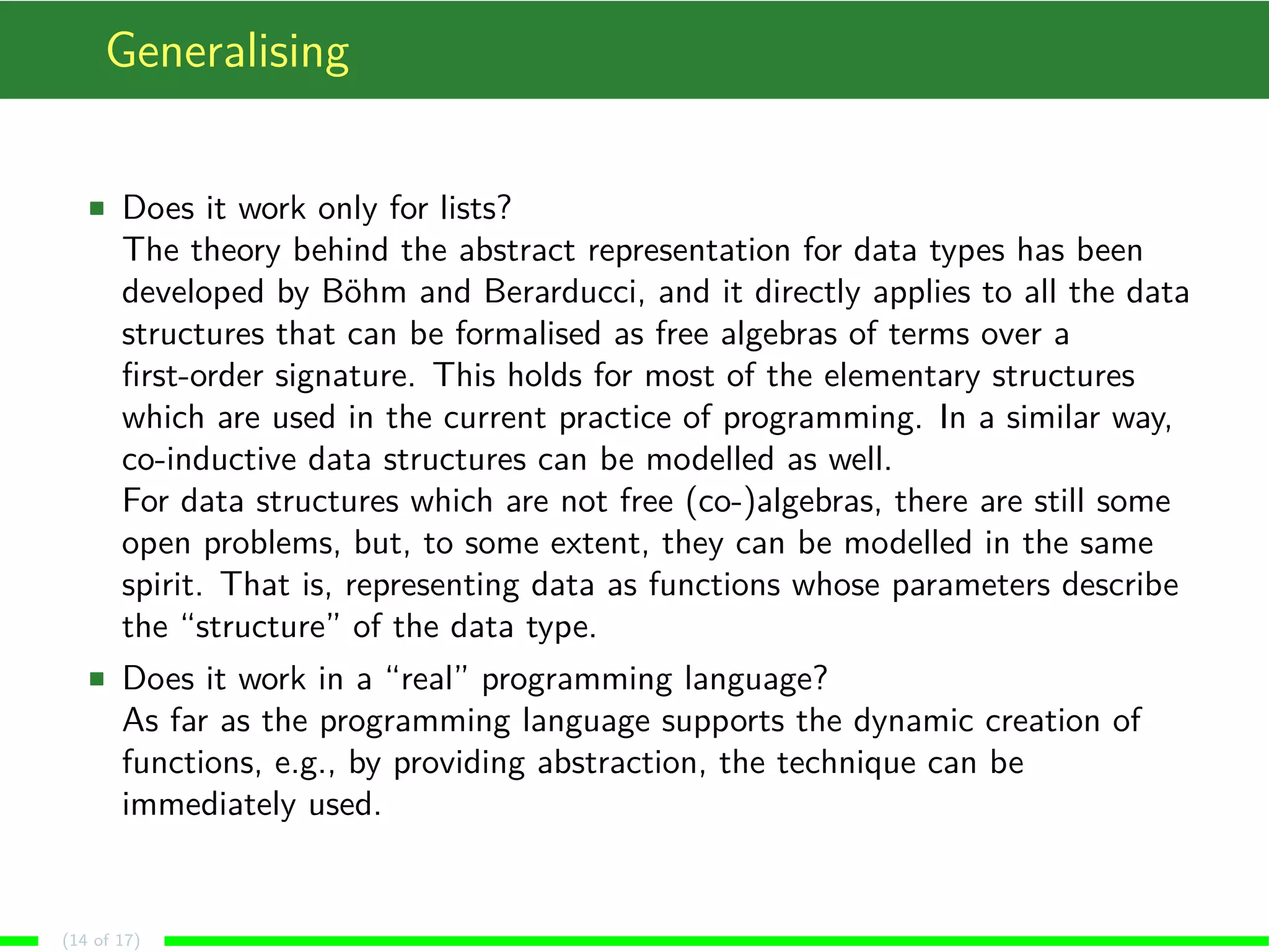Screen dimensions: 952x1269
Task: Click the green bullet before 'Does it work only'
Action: coord(97,208)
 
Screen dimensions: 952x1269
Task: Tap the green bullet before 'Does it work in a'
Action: coord(97,679)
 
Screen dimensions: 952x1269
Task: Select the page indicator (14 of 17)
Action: coord(101,940)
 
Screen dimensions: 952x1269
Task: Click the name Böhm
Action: coord(364,291)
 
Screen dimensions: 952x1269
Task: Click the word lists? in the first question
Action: coord(475,208)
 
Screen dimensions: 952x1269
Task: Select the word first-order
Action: coord(192,376)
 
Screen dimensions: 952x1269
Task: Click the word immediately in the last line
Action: coord(209,804)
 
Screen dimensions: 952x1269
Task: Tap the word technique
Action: coord(846,762)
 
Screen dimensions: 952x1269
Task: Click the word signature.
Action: coord(344,377)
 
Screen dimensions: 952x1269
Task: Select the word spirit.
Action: coord(161,586)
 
